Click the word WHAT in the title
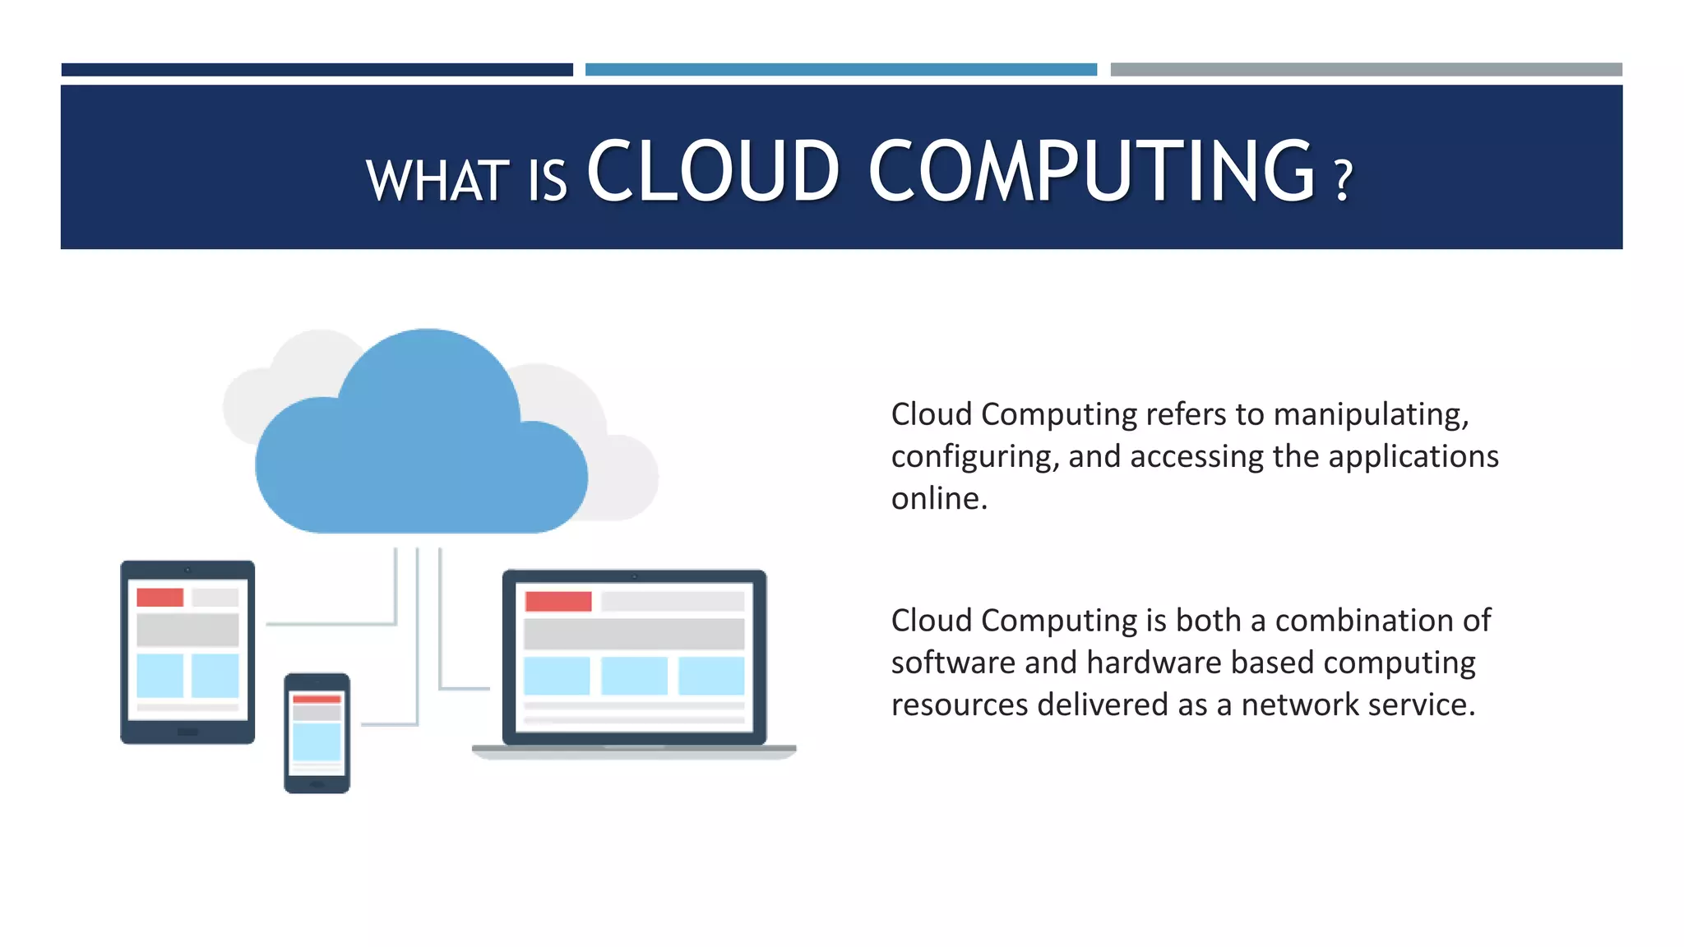pos(437,180)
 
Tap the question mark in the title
pos(1343,181)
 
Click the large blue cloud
pos(421,444)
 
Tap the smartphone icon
pos(317,732)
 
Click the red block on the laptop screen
pos(558,601)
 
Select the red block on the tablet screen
pos(160,598)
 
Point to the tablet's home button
pos(187,732)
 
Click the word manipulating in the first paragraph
pos(1371,414)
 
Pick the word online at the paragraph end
pos(939,498)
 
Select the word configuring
pos(974,457)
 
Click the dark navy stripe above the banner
pos(317,70)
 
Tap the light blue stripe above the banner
pos(840,70)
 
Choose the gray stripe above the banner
pos(1366,70)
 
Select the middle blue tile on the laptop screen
pos(634,676)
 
